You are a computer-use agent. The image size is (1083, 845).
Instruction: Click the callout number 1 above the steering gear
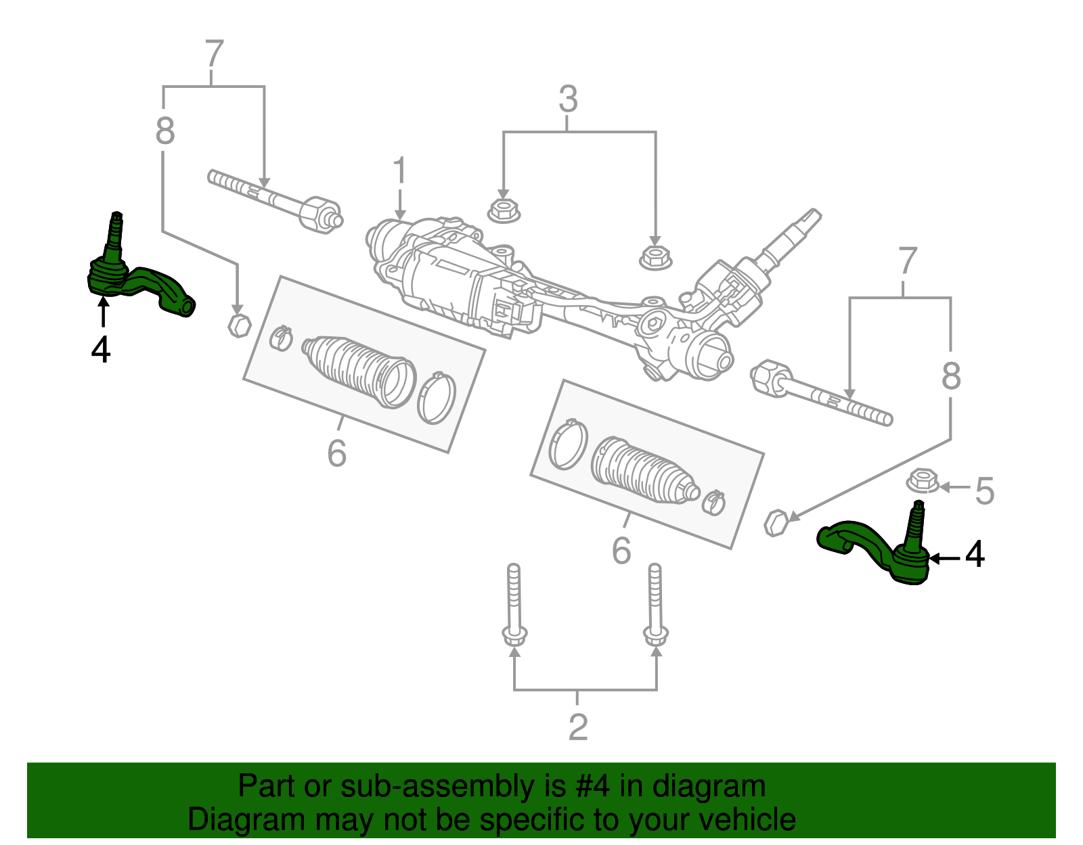pos(400,170)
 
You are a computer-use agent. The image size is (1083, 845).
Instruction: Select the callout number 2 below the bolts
pos(577,727)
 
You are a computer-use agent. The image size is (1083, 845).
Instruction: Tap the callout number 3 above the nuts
pos(568,99)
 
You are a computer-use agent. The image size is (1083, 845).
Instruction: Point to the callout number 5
pos(984,490)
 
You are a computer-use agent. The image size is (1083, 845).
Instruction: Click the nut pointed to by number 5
pos(922,481)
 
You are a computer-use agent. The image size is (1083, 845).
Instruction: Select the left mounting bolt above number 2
pos(514,605)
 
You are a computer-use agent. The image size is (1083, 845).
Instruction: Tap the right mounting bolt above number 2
pos(655,605)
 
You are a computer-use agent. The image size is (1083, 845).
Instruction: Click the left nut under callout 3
pos(504,210)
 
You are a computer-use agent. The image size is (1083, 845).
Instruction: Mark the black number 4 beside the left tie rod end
pos(101,349)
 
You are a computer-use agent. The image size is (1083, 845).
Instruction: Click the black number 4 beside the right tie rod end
pos(974,553)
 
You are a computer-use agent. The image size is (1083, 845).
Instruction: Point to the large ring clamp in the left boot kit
pos(436,398)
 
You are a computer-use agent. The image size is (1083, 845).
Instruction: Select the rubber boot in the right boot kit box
pos(644,471)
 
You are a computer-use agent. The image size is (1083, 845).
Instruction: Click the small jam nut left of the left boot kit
pos(239,325)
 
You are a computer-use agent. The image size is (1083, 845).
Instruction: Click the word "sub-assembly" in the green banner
pos(453,786)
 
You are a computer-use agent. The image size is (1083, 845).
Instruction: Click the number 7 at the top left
pos(214,53)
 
